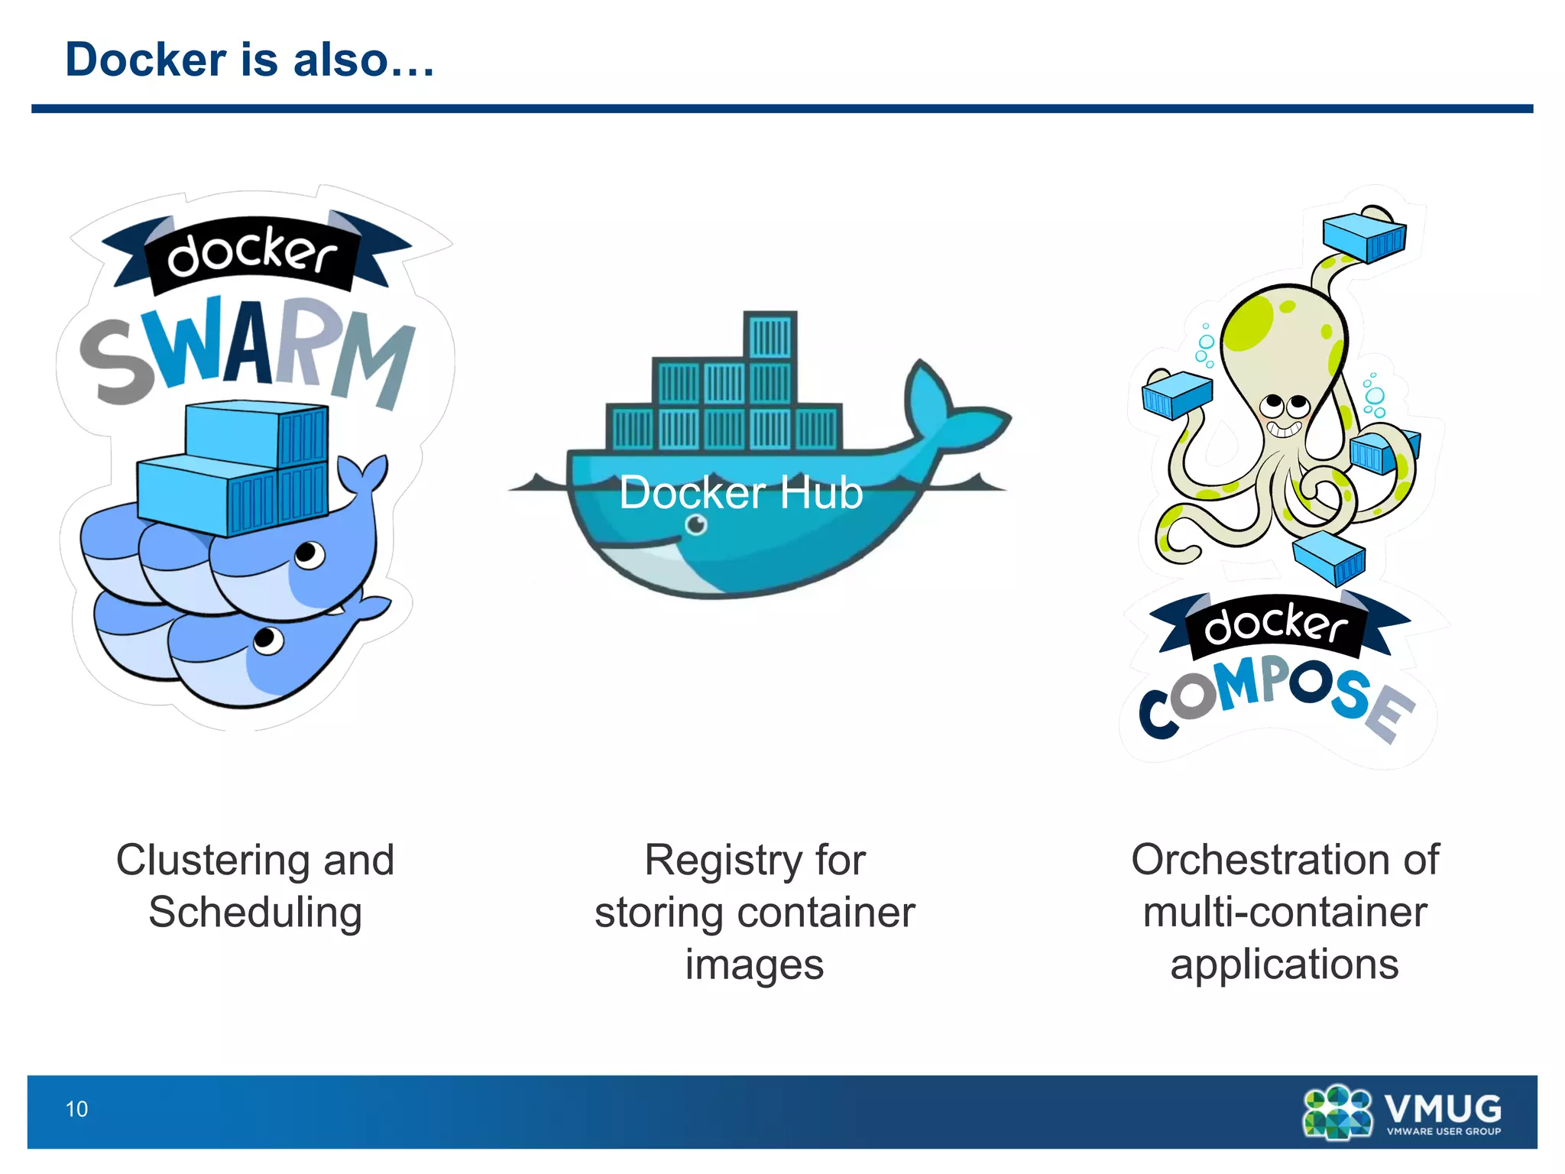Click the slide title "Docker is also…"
(x=250, y=60)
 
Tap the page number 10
(x=76, y=1109)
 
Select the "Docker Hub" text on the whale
(x=740, y=492)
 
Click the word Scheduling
(x=255, y=913)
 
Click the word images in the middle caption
(x=754, y=965)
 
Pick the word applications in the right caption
(x=1285, y=965)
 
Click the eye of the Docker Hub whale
(x=696, y=525)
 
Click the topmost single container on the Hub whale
(x=770, y=335)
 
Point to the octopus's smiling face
(x=1285, y=413)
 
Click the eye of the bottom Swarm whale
(x=267, y=639)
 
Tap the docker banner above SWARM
(x=252, y=254)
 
